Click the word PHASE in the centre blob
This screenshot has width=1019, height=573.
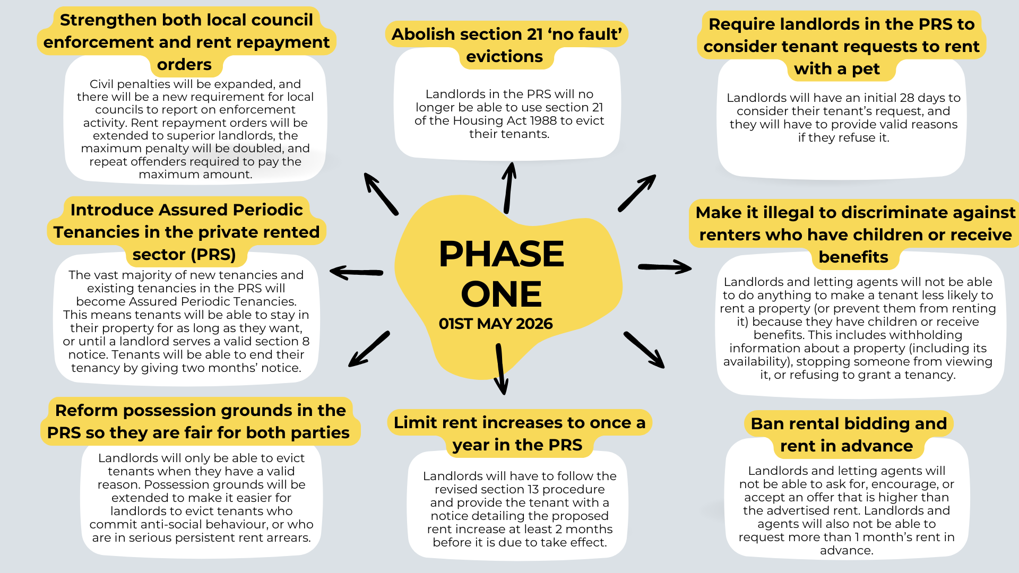pos(501,254)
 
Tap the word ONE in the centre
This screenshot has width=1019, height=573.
pos(501,294)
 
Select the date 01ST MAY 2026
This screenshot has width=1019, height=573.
pos(496,324)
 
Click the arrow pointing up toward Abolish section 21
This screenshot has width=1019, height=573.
pos(509,188)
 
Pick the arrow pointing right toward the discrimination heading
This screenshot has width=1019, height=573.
pos(664,267)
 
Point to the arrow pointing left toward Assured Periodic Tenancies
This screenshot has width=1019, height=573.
pos(356,272)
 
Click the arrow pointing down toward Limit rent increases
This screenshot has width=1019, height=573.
pos(501,369)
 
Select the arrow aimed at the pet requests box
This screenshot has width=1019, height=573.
pos(637,193)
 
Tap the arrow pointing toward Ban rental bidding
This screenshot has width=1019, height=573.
pos(644,350)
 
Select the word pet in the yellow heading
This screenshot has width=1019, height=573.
pos(866,69)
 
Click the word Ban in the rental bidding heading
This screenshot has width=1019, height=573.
pos(767,423)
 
